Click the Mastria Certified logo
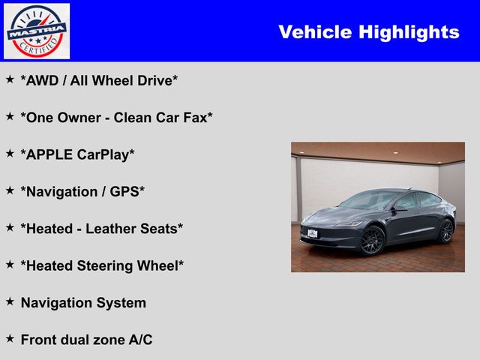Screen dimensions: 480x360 coord(37,31)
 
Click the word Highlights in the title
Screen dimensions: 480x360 coord(409,32)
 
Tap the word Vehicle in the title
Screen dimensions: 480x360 coord(315,31)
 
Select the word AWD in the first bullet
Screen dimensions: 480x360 coord(42,81)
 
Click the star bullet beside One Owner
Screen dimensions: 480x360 coord(10,116)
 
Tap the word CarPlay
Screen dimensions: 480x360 coord(103,155)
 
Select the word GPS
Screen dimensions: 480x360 coord(124,192)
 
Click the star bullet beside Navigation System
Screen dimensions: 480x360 coord(10,301)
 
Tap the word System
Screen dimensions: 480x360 coord(121,303)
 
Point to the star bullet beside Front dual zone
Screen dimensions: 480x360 coord(10,338)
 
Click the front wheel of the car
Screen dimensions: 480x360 coord(372,240)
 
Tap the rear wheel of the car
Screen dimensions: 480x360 coord(445,232)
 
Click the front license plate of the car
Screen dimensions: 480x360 coord(312,233)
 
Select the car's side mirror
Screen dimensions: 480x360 coord(400,208)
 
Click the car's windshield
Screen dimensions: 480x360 coord(369,199)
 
